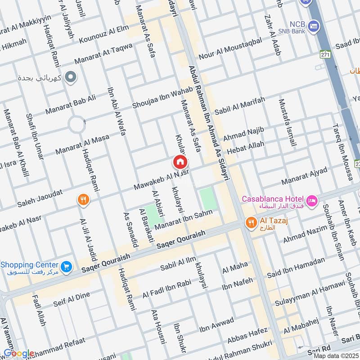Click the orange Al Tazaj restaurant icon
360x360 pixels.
pos(250,222)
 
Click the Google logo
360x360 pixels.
pos(19,353)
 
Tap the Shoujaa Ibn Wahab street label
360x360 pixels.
pos(162,98)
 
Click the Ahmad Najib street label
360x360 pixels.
pos(243,133)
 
